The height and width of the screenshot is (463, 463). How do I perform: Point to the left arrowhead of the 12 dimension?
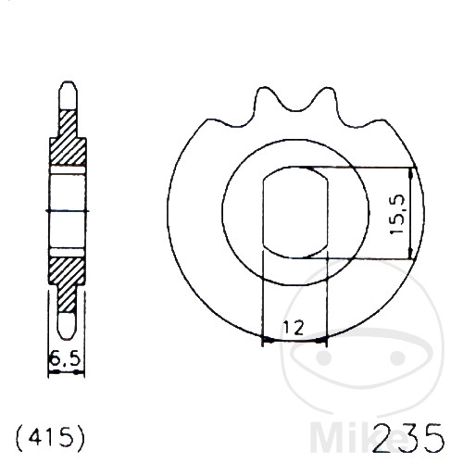pos(268,341)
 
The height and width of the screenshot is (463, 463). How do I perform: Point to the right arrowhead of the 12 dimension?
pos(324,341)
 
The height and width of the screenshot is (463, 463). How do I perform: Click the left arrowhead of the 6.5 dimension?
pos(50,372)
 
